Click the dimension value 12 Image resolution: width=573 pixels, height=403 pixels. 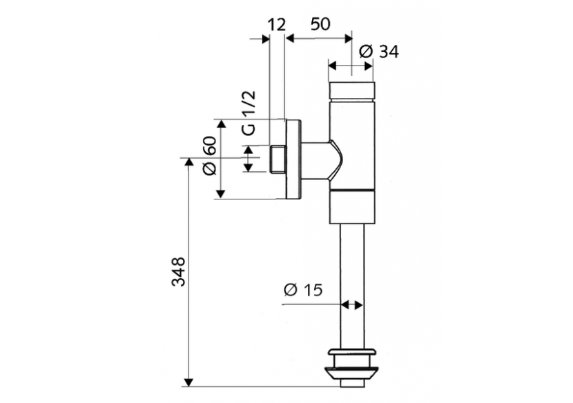click(x=275, y=25)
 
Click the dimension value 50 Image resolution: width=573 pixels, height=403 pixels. click(x=320, y=24)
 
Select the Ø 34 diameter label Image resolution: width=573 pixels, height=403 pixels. click(x=379, y=51)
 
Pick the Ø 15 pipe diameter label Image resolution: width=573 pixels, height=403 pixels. click(x=302, y=290)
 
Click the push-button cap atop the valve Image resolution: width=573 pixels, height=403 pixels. click(x=352, y=91)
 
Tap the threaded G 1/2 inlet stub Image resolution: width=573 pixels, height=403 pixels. click(x=278, y=159)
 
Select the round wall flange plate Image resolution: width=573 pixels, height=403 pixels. click(x=293, y=159)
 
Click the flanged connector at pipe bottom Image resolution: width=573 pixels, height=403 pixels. click(x=352, y=365)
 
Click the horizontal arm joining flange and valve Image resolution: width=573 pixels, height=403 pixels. click(x=319, y=159)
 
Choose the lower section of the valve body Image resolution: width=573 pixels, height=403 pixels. click(x=352, y=207)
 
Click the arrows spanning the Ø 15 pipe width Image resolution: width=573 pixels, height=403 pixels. click(x=352, y=304)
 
